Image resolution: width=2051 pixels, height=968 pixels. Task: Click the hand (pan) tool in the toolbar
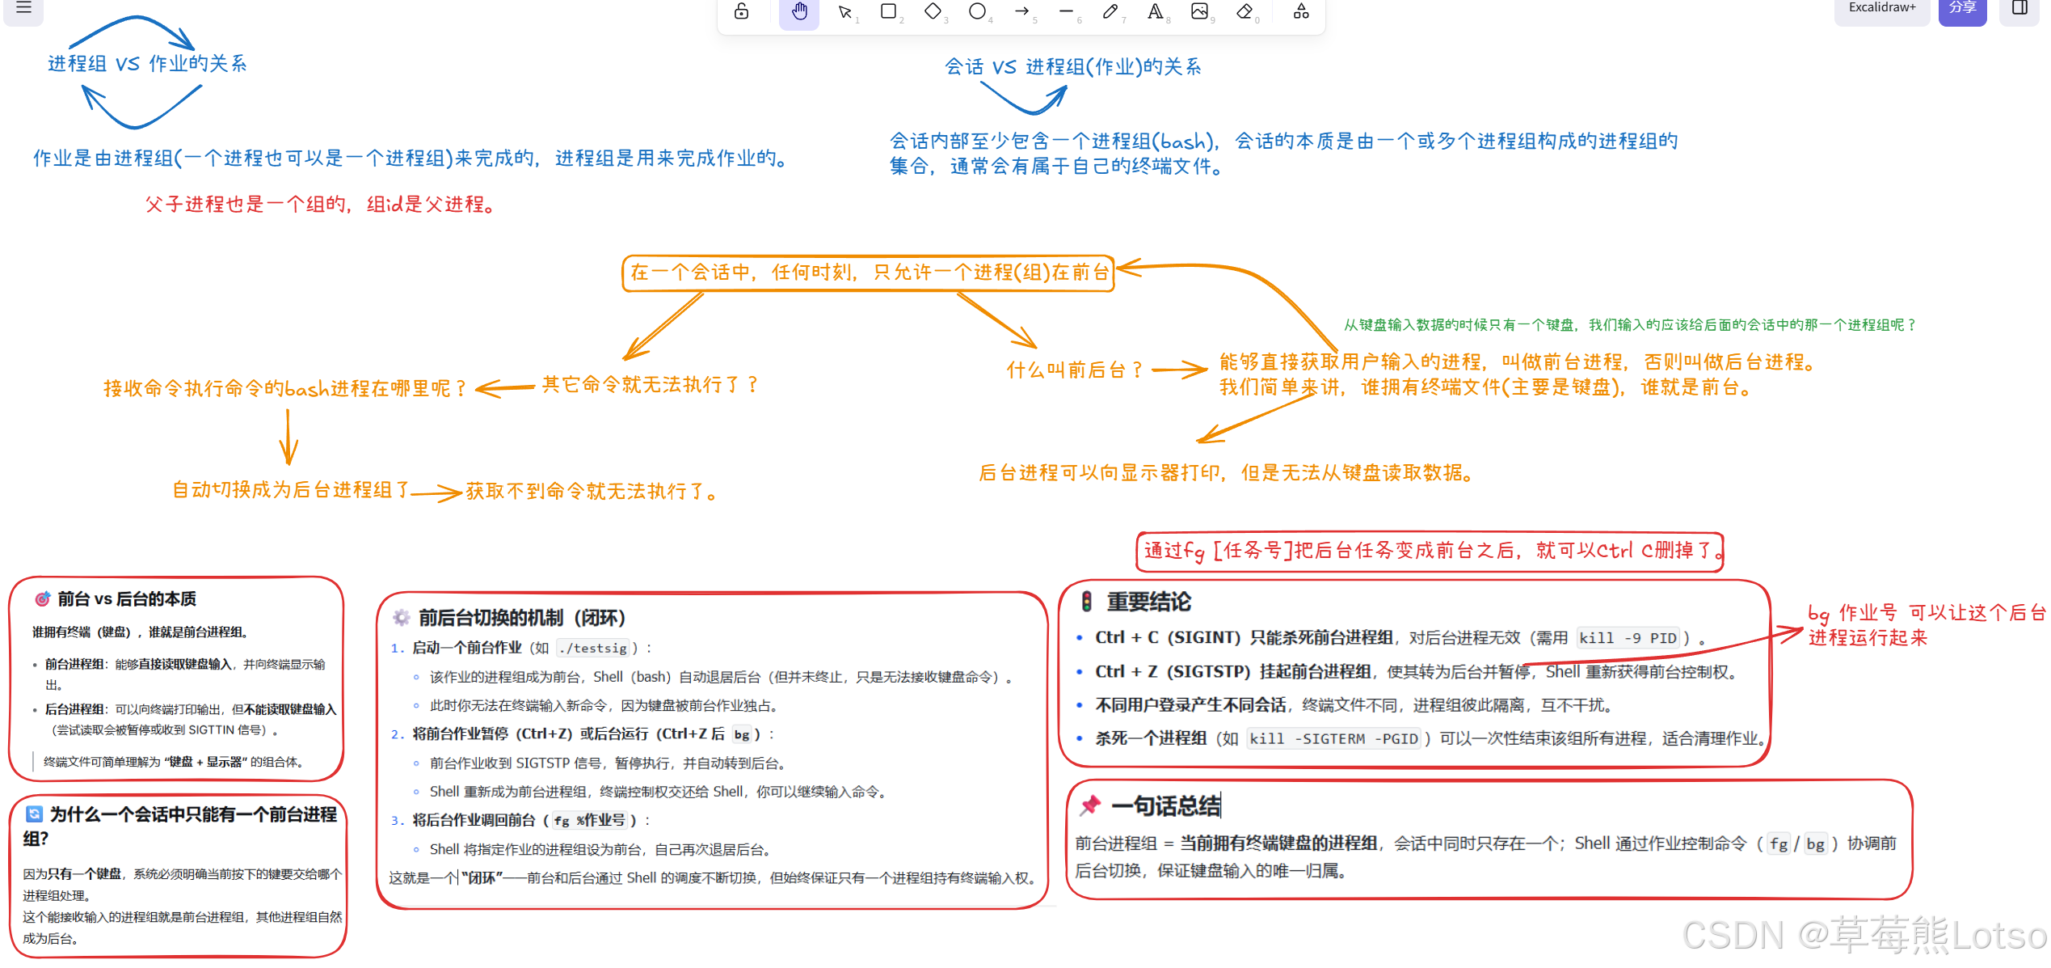(798, 12)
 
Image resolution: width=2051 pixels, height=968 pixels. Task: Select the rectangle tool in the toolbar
(888, 12)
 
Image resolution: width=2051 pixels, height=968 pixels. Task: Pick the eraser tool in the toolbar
(1244, 12)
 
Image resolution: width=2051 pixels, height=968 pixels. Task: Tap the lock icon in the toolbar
(741, 12)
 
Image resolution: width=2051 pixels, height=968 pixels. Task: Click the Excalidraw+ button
(1881, 8)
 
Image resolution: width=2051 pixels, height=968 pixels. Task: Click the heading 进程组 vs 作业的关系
(147, 64)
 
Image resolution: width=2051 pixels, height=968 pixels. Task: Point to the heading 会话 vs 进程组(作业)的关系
(1072, 67)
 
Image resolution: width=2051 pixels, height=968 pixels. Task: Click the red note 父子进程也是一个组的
(320, 205)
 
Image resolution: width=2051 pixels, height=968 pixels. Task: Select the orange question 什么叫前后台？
(1074, 370)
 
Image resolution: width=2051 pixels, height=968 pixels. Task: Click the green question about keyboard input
(1628, 325)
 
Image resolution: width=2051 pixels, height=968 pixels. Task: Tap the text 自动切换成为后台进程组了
(291, 490)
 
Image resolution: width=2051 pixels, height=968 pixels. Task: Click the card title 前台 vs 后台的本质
(127, 599)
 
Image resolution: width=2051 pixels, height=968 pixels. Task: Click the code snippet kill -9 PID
(1628, 638)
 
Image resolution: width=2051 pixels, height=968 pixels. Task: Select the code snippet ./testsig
(592, 649)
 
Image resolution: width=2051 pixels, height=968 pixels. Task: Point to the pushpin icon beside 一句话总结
(1090, 805)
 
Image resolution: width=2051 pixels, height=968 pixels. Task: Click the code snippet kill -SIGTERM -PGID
(1333, 739)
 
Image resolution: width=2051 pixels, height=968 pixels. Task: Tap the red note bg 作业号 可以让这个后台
(1926, 613)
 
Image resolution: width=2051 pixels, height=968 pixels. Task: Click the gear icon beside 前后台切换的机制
(401, 619)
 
